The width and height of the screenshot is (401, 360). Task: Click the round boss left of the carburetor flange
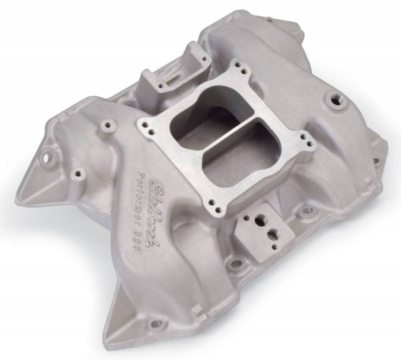(105, 123)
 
